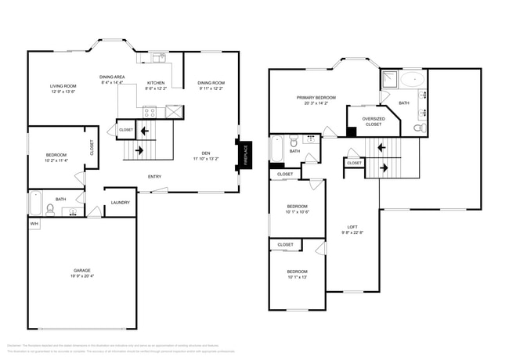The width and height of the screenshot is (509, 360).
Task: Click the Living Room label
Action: pyautogui.click(x=63, y=86)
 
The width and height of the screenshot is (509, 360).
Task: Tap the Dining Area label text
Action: pyautogui.click(x=113, y=77)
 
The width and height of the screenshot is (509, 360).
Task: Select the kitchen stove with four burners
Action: pyautogui.click(x=149, y=111)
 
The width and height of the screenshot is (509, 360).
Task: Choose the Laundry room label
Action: pyautogui.click(x=120, y=203)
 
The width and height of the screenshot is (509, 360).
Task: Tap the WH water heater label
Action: pyautogui.click(x=34, y=224)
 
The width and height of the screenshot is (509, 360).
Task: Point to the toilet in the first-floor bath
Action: pyautogui.click(x=50, y=209)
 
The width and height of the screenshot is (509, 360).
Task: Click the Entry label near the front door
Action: pyautogui.click(x=155, y=176)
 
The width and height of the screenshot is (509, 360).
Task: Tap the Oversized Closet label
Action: pyautogui.click(x=373, y=121)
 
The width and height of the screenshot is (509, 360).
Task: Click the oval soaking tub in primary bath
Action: pyautogui.click(x=413, y=78)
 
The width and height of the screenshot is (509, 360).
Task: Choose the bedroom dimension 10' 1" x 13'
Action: pyautogui.click(x=298, y=277)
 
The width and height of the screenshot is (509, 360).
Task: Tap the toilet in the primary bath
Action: pyautogui.click(x=420, y=127)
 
